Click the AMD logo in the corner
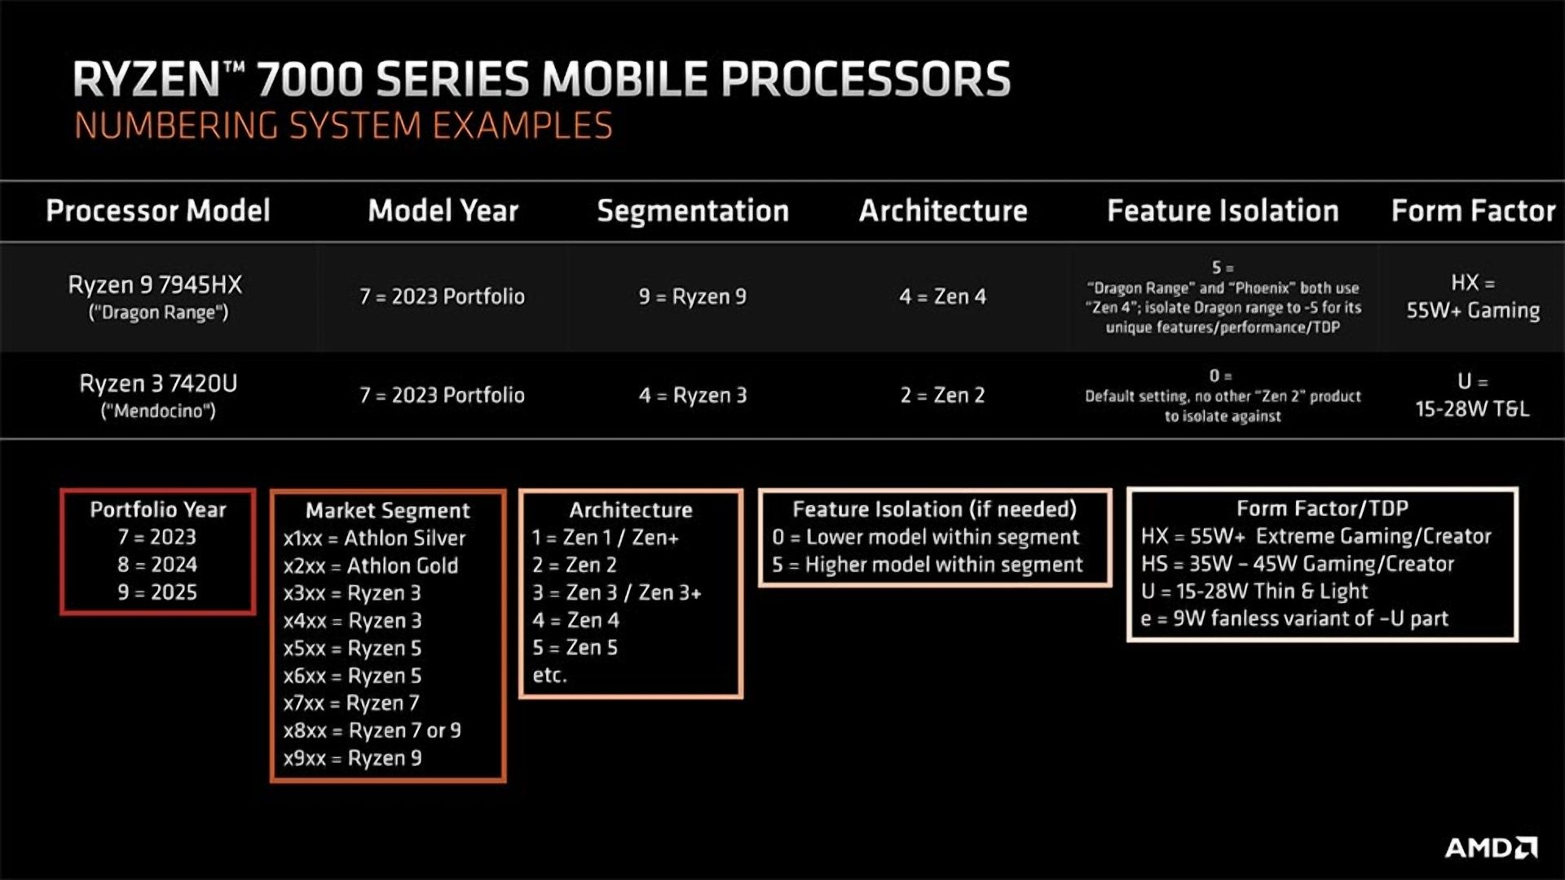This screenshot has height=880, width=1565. pos(1491,848)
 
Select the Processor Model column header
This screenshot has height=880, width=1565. pos(157,211)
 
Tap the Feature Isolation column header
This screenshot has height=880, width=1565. pos(1223,211)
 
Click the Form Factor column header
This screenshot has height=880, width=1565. pos(1473,211)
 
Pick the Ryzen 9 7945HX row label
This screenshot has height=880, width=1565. pos(156,297)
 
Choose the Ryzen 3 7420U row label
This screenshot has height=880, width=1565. pos(158,395)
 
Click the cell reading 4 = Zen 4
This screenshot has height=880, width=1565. pos(942,297)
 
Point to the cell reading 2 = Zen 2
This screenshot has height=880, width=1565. pos(942,395)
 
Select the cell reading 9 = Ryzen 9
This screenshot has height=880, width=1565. pos(692,297)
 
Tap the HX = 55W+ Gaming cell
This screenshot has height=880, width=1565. pos(1473,297)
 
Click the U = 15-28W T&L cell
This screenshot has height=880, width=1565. pos(1472,395)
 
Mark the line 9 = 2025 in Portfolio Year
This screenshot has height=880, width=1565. pos(157,592)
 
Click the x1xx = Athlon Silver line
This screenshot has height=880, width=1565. pos(374,538)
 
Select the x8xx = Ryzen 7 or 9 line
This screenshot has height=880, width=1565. pos(372,730)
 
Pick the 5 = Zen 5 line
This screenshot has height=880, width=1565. pos(575,648)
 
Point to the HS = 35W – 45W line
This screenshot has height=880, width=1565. pos(1298,564)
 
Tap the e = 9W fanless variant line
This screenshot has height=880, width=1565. pos(1294,618)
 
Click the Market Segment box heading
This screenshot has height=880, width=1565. pos(388,511)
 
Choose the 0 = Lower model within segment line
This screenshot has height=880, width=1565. pos(926,537)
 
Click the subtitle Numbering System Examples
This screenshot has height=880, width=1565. pos(343,126)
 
